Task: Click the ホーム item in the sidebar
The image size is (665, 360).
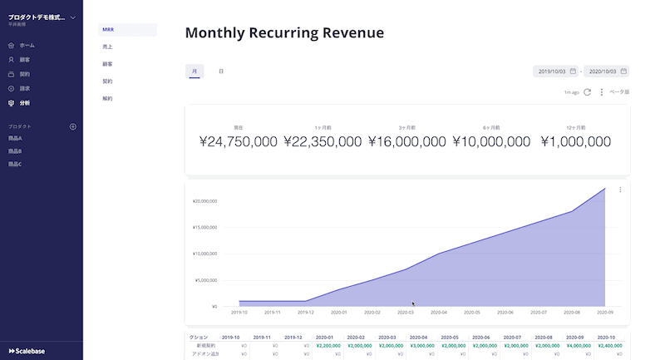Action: [27, 45]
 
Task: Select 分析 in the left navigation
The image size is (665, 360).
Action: [25, 103]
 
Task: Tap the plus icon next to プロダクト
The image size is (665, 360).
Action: [72, 126]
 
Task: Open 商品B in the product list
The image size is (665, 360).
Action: [15, 151]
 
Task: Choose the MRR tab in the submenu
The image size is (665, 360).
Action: [108, 30]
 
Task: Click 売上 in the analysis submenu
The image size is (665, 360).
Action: [107, 47]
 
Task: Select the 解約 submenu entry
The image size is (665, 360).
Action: [107, 99]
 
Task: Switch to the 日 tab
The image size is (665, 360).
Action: [221, 72]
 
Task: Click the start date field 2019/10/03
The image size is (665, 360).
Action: [555, 72]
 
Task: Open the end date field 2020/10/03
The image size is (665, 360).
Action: [606, 72]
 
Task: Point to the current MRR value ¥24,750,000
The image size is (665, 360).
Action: [239, 142]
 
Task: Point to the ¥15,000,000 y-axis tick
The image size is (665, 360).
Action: [204, 227]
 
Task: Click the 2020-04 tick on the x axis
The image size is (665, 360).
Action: [439, 313]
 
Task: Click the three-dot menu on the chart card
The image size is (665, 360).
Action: [620, 190]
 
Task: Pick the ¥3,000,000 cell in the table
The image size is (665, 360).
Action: [423, 345]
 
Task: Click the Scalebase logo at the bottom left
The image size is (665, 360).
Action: [27, 350]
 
